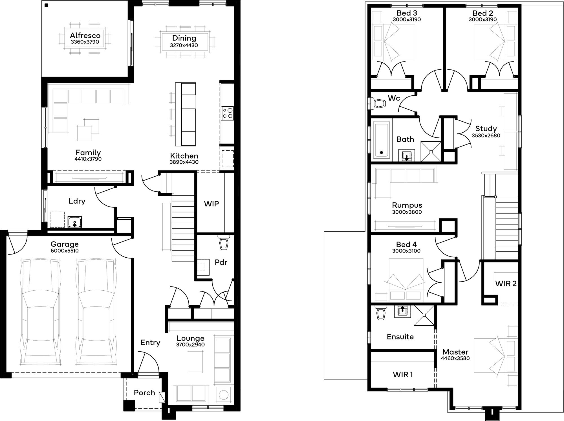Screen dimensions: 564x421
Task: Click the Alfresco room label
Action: click(x=85, y=36)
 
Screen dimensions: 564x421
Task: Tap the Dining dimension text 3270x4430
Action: click(x=184, y=45)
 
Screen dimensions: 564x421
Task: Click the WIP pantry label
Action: click(x=211, y=204)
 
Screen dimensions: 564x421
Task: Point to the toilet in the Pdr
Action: click(x=224, y=243)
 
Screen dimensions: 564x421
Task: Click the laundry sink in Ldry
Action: click(x=75, y=222)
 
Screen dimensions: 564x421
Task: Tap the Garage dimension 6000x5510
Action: click(x=65, y=251)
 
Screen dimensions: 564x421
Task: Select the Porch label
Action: click(x=144, y=393)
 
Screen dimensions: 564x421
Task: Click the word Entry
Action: click(x=150, y=343)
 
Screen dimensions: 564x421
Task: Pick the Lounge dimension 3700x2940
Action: click(x=190, y=345)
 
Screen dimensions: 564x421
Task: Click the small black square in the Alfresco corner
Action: click(x=47, y=5)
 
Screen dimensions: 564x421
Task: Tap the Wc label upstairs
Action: click(x=394, y=98)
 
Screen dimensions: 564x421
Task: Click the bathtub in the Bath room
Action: click(x=381, y=140)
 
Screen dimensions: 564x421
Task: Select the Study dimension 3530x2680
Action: click(x=486, y=136)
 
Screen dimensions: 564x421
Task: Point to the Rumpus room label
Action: click(x=407, y=205)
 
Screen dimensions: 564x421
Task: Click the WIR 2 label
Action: click(x=506, y=284)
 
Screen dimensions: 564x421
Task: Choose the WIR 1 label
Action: click(x=403, y=374)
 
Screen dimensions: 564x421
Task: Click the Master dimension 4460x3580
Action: click(x=455, y=359)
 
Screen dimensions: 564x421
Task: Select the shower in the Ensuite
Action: click(x=424, y=316)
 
